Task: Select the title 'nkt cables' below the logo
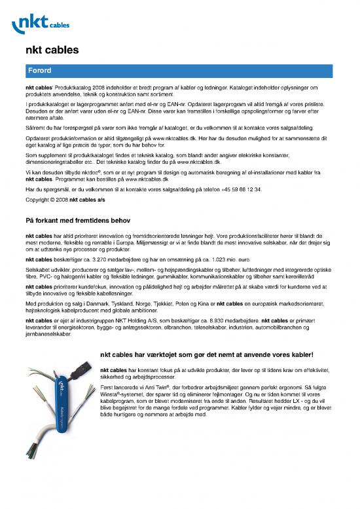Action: coord(52,49)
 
